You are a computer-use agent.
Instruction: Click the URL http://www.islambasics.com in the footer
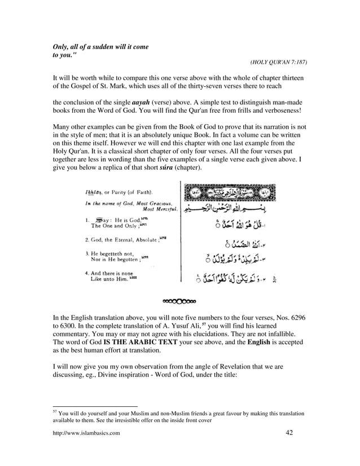[x=86, y=433]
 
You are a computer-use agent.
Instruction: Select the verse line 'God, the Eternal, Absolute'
[x=121, y=239]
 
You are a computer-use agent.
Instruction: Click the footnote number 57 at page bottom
[x=55, y=412]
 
